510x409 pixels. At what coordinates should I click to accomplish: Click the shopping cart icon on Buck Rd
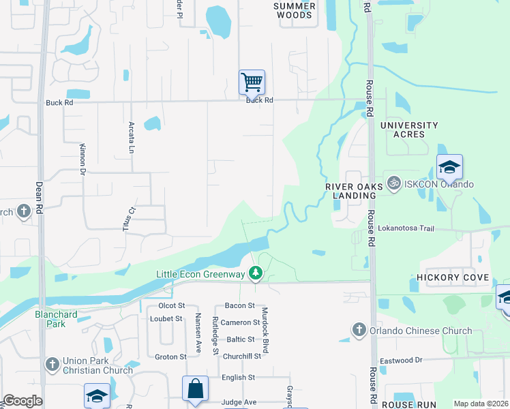pos(252,82)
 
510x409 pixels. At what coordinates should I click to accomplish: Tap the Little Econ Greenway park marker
pos(256,273)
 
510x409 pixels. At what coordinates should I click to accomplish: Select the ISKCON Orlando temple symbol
pos(393,183)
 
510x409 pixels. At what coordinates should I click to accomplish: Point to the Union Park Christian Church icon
pos(52,365)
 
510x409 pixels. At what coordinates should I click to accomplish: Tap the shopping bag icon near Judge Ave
pos(195,389)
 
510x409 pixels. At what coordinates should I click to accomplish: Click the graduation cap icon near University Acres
pos(449,167)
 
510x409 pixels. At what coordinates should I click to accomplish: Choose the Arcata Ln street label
pos(132,136)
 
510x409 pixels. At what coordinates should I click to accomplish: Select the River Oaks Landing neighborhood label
pos(350,190)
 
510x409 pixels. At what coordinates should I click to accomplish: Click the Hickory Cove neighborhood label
pos(453,277)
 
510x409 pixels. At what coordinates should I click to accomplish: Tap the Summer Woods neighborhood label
pos(295,10)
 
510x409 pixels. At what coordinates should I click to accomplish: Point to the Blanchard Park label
pos(57,318)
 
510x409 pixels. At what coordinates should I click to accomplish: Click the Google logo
pos(22,401)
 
